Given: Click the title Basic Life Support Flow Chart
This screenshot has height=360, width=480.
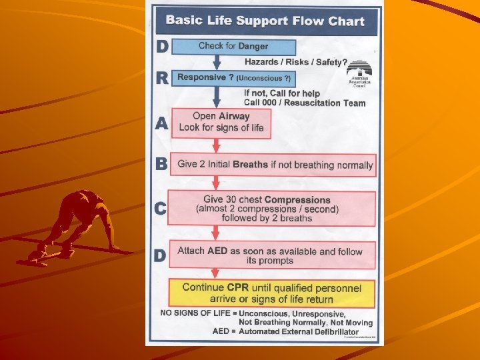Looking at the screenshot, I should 265,21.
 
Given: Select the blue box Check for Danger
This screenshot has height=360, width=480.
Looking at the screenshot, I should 233,46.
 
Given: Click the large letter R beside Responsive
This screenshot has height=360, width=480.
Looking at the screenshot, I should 161,78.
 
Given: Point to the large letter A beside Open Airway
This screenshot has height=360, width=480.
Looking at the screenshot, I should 161,124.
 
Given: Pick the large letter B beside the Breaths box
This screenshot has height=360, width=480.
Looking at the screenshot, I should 161,164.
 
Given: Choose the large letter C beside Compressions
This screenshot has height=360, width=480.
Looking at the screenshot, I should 161,209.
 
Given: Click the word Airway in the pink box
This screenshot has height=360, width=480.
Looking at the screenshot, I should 234,116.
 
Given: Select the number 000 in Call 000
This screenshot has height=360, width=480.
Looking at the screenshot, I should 271,103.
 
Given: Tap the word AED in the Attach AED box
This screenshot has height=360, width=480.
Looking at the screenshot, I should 217,251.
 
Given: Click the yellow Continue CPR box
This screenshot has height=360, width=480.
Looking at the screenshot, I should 272,293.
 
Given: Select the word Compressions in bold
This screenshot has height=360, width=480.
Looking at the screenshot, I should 297,199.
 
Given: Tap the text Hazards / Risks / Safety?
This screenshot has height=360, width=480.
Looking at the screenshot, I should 295,62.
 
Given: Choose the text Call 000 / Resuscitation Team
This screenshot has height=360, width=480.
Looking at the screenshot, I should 304,103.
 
